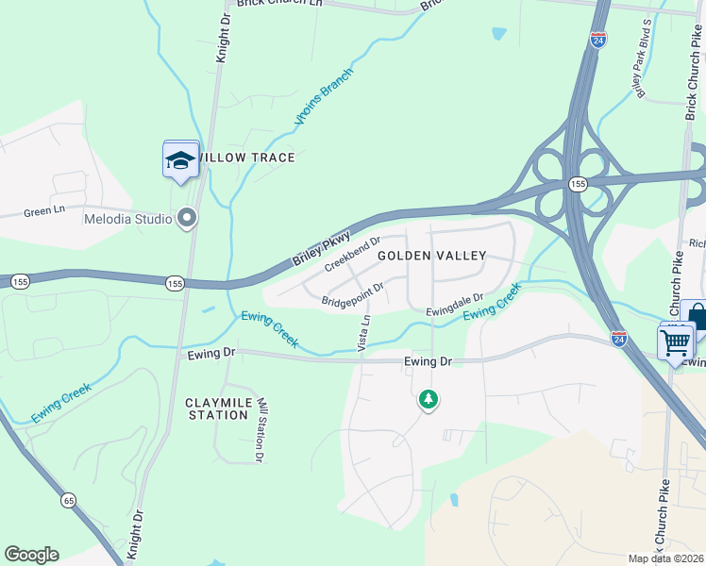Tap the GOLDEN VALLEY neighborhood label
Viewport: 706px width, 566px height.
(432, 256)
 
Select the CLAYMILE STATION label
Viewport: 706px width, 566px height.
(218, 408)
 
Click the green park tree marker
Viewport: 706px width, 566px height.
(429, 400)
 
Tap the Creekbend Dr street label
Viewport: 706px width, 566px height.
(352, 254)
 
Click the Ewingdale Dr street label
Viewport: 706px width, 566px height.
(454, 304)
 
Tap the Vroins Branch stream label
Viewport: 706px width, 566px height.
(324, 97)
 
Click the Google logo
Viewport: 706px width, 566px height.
(31, 555)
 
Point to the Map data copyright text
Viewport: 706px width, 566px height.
(666, 558)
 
